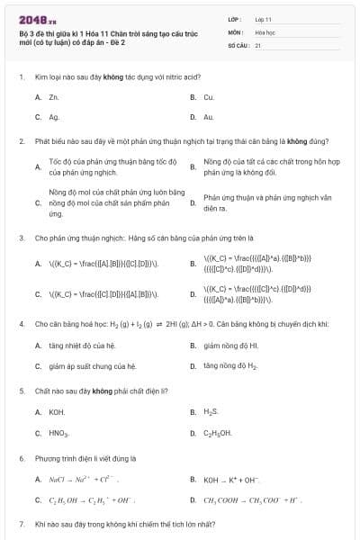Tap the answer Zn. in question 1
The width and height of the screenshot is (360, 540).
tap(54, 96)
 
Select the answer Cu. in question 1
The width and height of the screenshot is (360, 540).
tap(209, 96)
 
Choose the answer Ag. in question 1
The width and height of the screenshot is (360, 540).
tap(54, 117)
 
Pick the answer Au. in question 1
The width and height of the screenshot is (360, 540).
tap(209, 117)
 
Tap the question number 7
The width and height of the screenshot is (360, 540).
tap(21, 523)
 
